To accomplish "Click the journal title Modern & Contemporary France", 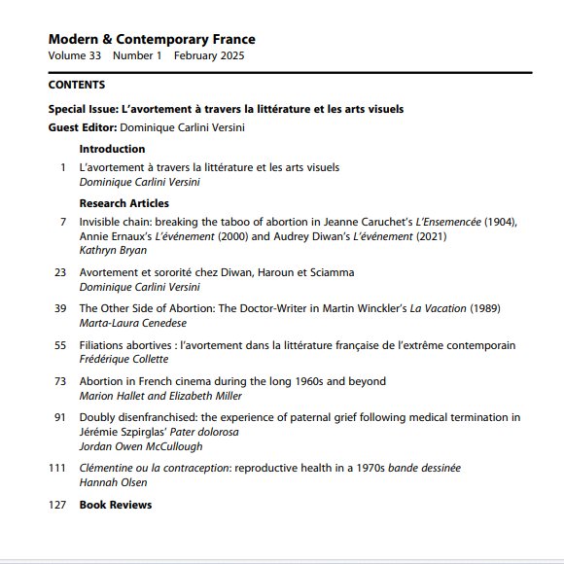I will click(152, 40).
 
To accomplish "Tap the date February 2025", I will click(209, 55).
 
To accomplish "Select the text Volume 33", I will click(73, 55).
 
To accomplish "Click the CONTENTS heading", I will click(77, 85).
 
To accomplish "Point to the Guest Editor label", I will click(83, 127).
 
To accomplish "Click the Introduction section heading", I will click(112, 149).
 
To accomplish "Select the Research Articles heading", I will click(123, 203).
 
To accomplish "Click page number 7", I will click(62, 222).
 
